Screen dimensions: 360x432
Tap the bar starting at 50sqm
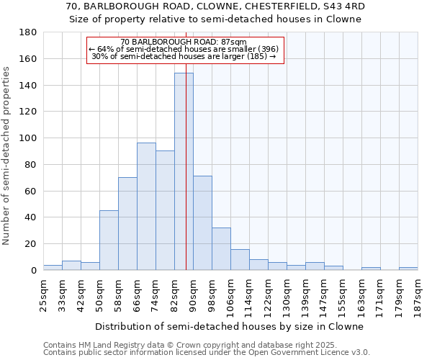click(109, 240)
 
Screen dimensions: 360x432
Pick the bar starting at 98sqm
click(221, 249)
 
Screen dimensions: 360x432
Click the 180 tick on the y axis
click(29, 32)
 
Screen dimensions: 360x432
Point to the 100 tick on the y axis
click(29, 138)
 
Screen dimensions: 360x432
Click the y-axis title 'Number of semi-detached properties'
click(6, 155)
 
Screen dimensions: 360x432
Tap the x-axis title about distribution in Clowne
click(229, 326)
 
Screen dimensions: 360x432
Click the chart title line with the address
click(215, 6)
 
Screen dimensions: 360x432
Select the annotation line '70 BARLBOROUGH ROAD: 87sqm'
click(184, 42)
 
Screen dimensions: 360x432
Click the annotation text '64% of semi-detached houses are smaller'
click(184, 49)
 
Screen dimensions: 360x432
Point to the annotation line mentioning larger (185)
click(184, 56)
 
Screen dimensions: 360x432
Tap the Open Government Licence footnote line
click(207, 352)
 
